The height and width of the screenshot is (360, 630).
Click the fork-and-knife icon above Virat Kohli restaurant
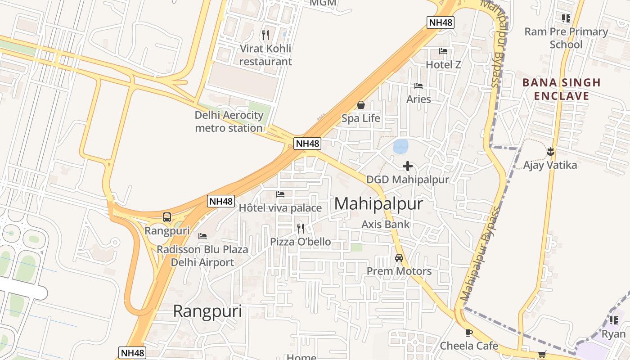pos(265,35)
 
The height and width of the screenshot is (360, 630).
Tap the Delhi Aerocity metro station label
pos(229,121)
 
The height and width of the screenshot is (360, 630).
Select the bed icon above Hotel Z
pos(443,51)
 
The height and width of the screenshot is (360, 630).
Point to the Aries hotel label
pos(418,99)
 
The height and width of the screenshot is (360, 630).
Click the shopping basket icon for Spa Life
pos(361,105)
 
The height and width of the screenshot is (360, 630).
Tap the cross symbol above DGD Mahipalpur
pos(408,166)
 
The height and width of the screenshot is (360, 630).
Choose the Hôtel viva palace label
pos(280,208)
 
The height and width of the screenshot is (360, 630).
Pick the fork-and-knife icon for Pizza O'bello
pos(300,228)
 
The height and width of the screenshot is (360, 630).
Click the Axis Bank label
pos(386,224)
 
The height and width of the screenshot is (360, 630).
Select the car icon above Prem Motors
pos(399,258)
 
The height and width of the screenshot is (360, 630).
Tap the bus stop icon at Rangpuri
pos(167,217)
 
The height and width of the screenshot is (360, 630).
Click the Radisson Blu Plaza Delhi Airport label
pos(202,256)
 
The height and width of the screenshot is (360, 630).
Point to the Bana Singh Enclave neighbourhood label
pos(561,89)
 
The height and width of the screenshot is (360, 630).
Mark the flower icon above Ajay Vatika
pos(550,152)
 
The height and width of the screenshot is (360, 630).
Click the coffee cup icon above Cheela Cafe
pos(469,333)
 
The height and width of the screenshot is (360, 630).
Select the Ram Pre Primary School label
pos(566,38)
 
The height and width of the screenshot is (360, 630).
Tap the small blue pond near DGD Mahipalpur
pos(400,146)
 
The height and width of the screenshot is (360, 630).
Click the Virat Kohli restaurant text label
pos(265,55)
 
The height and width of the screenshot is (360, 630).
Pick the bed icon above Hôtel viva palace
pos(280,194)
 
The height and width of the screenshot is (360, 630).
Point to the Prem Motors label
pos(399,271)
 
